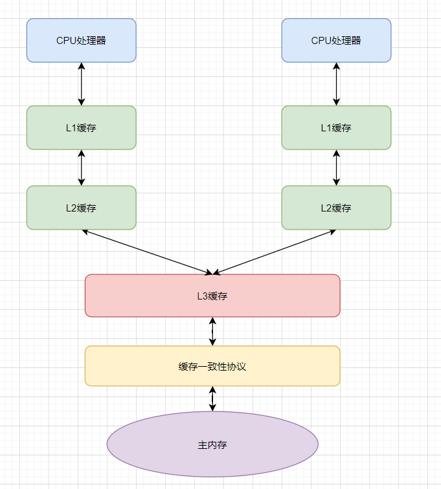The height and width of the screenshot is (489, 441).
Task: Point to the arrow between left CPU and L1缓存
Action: tap(81, 84)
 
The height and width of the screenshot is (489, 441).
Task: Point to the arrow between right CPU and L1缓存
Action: tap(336, 84)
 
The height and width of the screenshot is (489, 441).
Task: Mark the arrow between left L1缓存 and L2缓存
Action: tap(81, 168)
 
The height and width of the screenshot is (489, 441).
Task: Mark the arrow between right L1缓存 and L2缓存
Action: tap(336, 168)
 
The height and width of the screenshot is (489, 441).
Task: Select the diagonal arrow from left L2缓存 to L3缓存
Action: tap(148, 251)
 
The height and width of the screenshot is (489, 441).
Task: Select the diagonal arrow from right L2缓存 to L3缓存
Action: tap(275, 251)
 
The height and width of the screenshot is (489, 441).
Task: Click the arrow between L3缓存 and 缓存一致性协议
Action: tap(212, 331)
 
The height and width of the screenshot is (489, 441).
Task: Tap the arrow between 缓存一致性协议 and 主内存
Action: tap(212, 398)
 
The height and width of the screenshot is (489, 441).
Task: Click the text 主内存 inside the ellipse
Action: tap(212, 445)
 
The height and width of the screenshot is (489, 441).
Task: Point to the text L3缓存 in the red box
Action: tap(212, 296)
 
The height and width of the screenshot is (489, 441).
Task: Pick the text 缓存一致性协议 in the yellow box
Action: tap(212, 367)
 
